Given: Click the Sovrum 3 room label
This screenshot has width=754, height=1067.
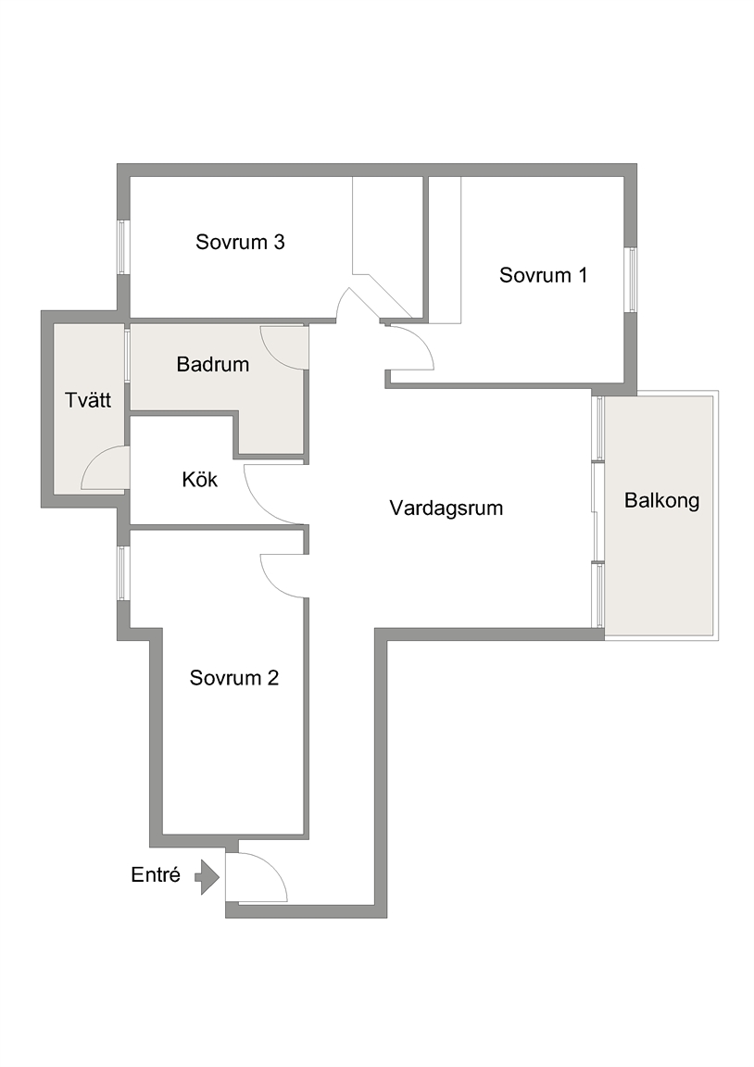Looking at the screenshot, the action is [x=240, y=242].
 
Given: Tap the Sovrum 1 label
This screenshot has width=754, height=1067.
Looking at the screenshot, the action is [x=543, y=275].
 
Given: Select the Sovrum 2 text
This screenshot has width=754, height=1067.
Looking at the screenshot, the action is [x=234, y=678].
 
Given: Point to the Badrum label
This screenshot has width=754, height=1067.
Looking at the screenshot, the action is [x=213, y=364].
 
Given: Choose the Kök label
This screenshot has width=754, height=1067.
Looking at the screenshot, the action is [x=199, y=480].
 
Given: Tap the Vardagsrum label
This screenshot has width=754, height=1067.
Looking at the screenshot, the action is [x=446, y=508].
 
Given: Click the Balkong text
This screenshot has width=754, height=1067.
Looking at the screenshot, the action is [x=662, y=501].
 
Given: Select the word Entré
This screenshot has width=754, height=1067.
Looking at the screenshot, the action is [x=156, y=874].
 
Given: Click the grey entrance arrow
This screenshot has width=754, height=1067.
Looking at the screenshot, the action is [x=208, y=877].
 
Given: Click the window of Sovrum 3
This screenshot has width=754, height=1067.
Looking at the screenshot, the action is [x=123, y=247].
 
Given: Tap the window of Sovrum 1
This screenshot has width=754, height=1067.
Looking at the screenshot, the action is [x=631, y=280].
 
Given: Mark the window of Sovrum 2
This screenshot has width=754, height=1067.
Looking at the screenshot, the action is [x=123, y=573].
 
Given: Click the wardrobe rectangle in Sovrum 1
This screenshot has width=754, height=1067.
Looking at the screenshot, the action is [x=445, y=250].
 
